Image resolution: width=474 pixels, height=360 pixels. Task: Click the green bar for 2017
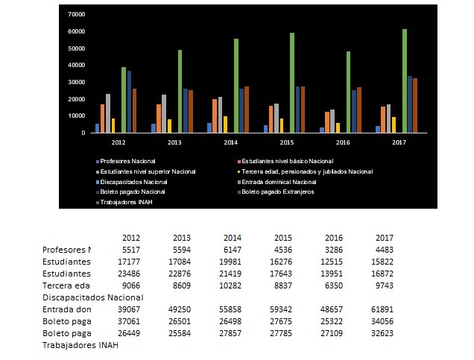pos(405,80)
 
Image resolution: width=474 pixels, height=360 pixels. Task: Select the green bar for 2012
pos(124,100)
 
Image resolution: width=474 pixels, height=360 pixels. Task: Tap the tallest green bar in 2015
pos(291,83)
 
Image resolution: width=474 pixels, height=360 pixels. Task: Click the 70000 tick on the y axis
pos(75,14)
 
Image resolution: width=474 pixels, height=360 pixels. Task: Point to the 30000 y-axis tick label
pos(75,82)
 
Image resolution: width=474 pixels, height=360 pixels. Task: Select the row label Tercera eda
pos(66,285)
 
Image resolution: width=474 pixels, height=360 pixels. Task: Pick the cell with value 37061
pos(132,320)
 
